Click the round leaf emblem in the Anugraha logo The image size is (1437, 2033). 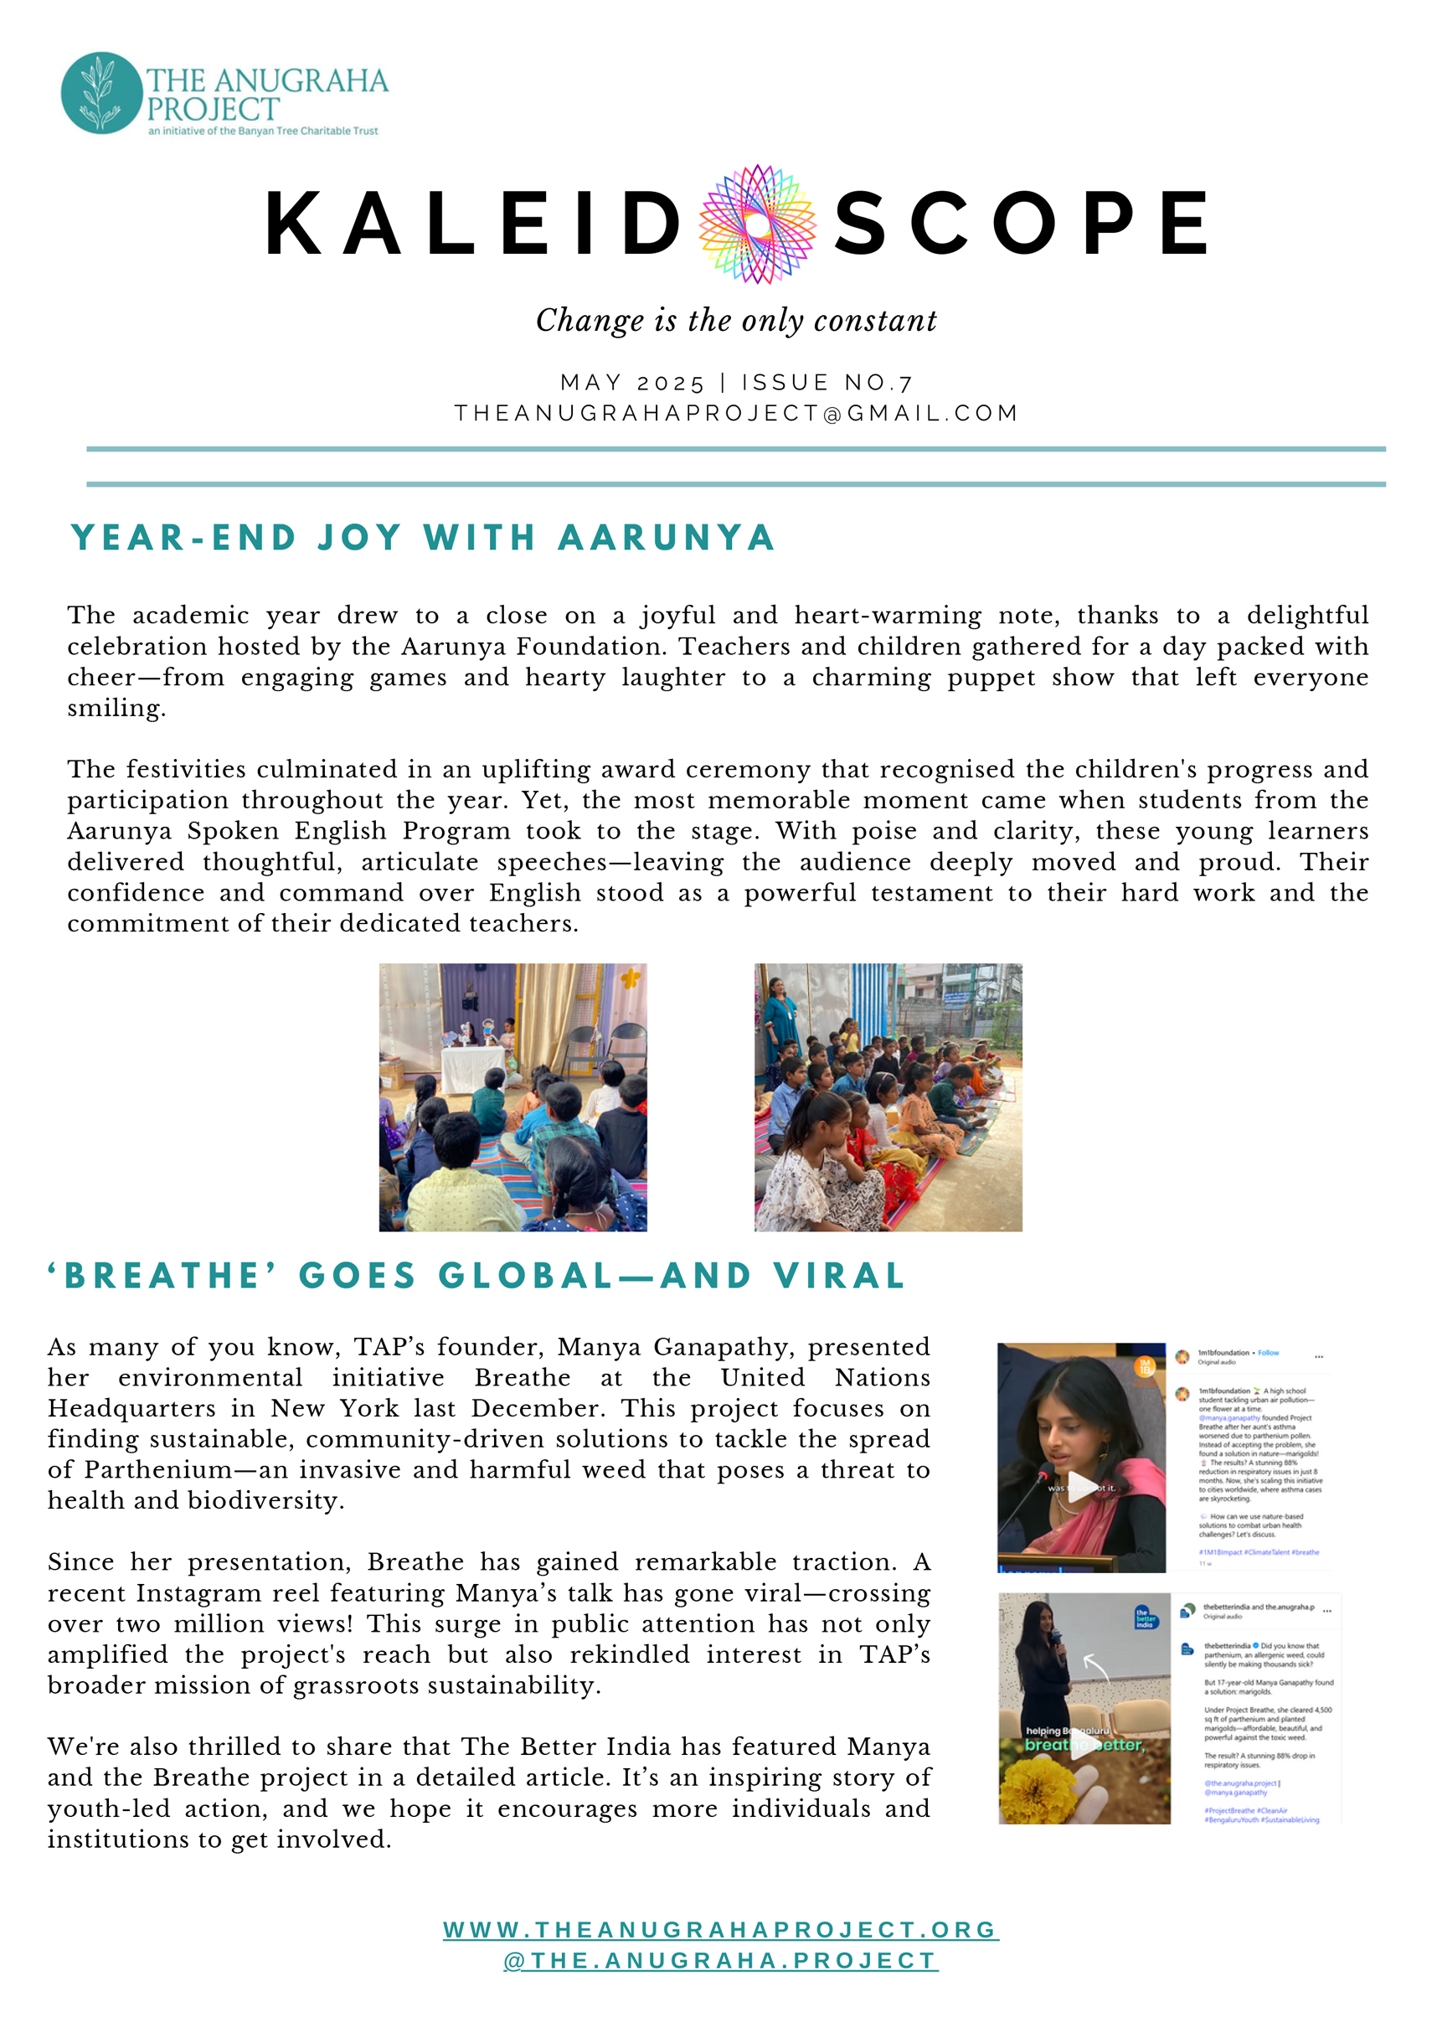[x=101, y=93]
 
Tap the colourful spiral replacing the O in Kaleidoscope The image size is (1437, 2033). [x=757, y=224]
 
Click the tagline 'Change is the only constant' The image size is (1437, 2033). [x=736, y=321]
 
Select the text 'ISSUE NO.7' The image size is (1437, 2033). [x=827, y=383]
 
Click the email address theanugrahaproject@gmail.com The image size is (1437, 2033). [x=736, y=414]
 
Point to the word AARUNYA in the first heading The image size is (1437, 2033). [x=666, y=538]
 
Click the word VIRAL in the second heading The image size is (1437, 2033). [x=838, y=1276]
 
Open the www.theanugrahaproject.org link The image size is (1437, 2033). [x=721, y=1929]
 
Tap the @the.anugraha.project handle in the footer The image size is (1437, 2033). [x=721, y=1960]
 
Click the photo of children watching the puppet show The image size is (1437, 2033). [x=512, y=1097]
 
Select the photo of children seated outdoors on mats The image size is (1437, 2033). [x=888, y=1097]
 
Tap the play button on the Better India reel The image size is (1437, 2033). [x=1084, y=1745]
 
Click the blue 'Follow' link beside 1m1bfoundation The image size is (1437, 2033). [x=1268, y=1353]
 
